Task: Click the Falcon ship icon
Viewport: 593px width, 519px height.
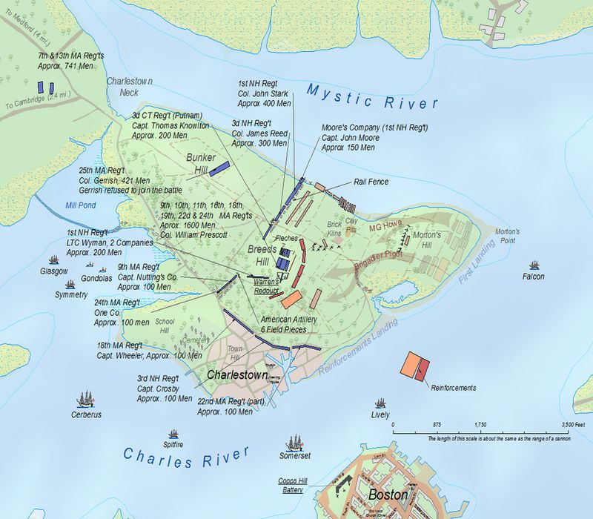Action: (x=534, y=265)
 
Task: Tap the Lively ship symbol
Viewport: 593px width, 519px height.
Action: (x=380, y=403)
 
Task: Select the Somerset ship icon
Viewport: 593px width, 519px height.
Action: (x=295, y=443)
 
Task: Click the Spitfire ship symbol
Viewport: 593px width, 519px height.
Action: (x=173, y=434)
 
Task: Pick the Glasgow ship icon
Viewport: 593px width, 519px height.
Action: (x=53, y=260)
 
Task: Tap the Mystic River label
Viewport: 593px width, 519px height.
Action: (x=373, y=96)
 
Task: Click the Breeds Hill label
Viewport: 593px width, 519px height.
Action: (x=262, y=256)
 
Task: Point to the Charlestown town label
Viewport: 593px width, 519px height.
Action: (x=236, y=375)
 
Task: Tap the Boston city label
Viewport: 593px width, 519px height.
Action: (x=388, y=494)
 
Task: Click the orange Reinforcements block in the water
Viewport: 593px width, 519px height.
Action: (x=408, y=365)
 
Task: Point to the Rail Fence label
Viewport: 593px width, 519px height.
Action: (x=371, y=182)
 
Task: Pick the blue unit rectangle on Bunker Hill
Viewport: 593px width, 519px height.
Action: (x=218, y=168)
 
